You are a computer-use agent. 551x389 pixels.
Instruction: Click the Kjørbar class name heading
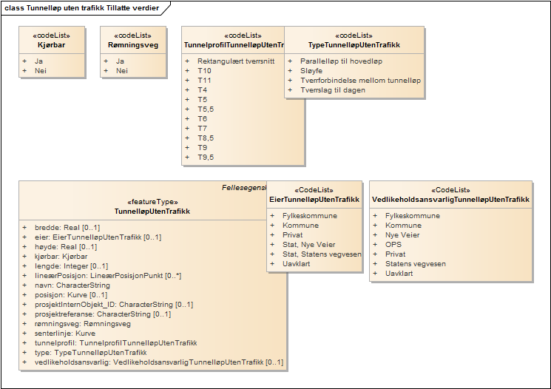(x=51, y=45)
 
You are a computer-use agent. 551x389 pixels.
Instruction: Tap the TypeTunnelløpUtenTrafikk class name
(x=354, y=45)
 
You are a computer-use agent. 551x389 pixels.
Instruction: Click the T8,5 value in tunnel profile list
(x=205, y=138)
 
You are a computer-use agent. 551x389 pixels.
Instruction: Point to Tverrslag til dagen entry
(x=332, y=89)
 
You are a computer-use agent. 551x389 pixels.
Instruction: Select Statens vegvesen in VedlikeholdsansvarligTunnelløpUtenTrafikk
(x=415, y=264)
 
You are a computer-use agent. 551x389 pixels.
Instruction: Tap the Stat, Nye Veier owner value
(x=308, y=244)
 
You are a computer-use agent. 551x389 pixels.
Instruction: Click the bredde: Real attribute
(x=66, y=228)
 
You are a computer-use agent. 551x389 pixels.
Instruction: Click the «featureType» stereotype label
(x=153, y=201)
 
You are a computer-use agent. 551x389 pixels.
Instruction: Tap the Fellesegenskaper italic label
(x=244, y=188)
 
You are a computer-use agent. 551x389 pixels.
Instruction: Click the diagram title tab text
(x=81, y=7)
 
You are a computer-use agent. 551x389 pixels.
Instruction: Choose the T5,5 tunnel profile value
(x=205, y=109)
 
